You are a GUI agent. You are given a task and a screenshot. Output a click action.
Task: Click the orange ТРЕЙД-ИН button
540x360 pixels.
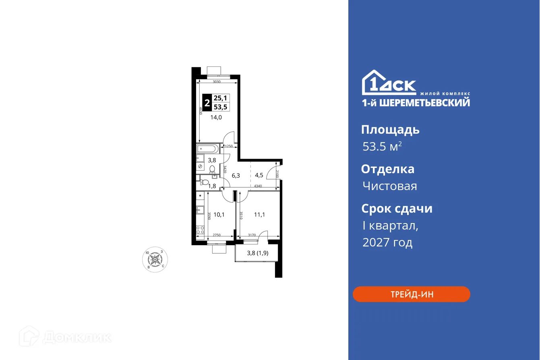[411, 294]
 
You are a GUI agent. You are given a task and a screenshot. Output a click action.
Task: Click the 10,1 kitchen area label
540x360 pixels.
[219, 215]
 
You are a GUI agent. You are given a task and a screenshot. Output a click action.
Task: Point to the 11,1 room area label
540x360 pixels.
[259, 215]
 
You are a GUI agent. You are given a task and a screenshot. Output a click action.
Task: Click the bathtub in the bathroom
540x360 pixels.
[208, 149]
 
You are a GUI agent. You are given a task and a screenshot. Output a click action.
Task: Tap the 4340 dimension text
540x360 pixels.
[258, 186]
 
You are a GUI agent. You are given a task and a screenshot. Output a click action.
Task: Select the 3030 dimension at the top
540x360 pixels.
[216, 82]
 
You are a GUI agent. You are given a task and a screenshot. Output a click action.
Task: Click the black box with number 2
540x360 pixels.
[207, 102]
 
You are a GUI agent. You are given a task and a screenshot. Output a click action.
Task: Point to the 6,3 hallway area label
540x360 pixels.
[236, 175]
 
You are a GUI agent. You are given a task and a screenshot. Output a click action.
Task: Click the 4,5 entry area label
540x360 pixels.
[259, 175]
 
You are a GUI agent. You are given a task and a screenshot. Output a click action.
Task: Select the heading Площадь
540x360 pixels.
[390, 130]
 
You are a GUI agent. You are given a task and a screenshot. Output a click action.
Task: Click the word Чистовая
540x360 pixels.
[389, 186]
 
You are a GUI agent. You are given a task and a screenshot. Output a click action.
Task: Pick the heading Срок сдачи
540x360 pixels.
[397, 209]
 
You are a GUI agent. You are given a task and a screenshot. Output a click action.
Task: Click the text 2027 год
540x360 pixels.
[387, 242]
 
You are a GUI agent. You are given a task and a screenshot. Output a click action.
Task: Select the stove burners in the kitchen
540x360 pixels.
[200, 231]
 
